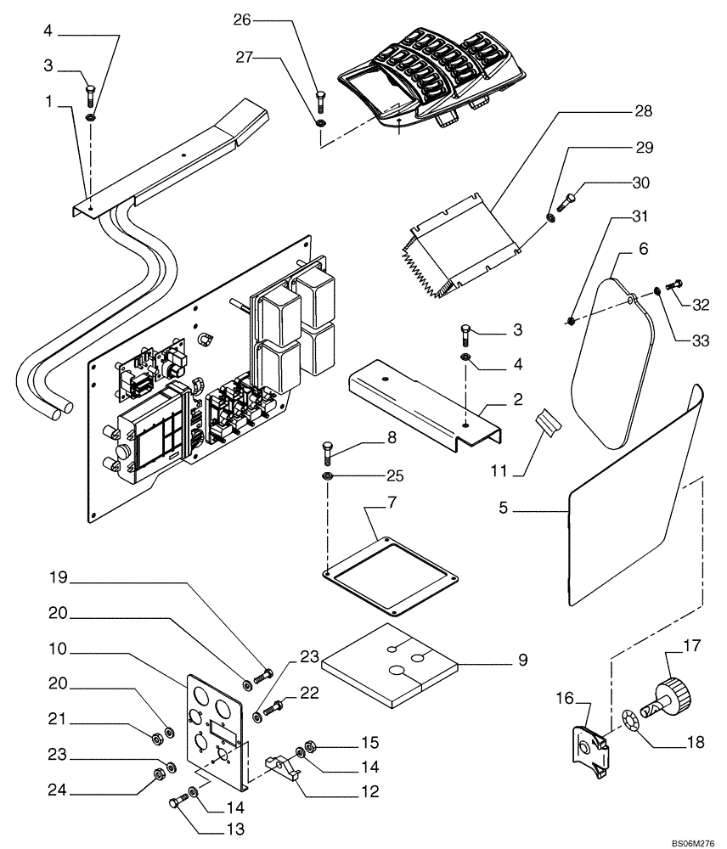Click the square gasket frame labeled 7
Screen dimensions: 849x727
coord(392,577)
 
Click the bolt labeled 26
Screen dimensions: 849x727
coord(319,101)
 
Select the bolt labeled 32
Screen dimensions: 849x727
coord(677,286)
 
